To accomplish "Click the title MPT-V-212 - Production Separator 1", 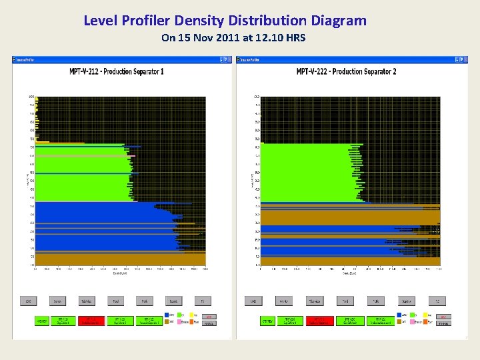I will pyautogui.click(x=117, y=71).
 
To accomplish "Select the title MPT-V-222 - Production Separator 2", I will pyautogui.click(x=347, y=71).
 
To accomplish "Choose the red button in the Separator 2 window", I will pyautogui.click(x=319, y=321).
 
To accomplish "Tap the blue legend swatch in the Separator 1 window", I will pyautogui.click(x=166, y=315).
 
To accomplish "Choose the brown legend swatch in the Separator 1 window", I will pyautogui.click(x=166, y=323).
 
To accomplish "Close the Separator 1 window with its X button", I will pyautogui.click(x=227, y=60).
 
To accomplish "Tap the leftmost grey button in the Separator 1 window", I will pyautogui.click(x=28, y=301).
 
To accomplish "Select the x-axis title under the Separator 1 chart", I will pyautogui.click(x=120, y=273).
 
